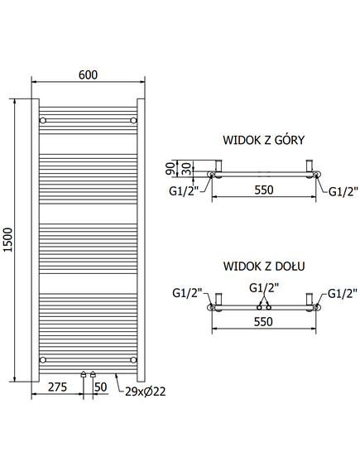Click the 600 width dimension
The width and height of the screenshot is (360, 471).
pyautogui.click(x=88, y=74)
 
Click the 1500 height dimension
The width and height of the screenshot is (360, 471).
pyautogui.click(x=9, y=240)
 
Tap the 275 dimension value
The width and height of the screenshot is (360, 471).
pyautogui.click(x=57, y=387)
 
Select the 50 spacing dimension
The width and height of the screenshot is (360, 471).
pyautogui.click(x=101, y=387)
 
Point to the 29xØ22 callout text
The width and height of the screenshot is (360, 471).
pyautogui.click(x=146, y=392)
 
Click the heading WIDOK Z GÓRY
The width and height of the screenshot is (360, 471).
pyautogui.click(x=264, y=140)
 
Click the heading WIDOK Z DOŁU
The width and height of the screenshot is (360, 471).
pyautogui.click(x=264, y=267)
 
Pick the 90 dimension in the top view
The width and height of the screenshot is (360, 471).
pyautogui.click(x=170, y=168)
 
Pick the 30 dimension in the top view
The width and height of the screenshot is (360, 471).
pyautogui.click(x=186, y=168)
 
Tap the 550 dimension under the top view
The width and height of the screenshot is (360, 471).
pyautogui.click(x=264, y=190)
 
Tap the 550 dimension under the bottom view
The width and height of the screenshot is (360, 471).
pyautogui.click(x=263, y=322)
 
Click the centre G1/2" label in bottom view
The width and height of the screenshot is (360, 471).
pyautogui.click(x=264, y=288)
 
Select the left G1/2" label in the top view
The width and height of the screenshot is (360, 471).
pyautogui.click(x=184, y=191)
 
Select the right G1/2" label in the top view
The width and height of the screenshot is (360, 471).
pyautogui.click(x=343, y=191)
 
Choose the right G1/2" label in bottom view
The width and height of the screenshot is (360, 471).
pyautogui.click(x=343, y=293)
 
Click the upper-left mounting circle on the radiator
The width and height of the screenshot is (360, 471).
pyautogui.click(x=43, y=121)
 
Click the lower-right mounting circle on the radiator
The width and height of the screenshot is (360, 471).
pyautogui.click(x=133, y=359)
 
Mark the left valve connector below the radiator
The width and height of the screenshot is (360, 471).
pyautogui.click(x=84, y=375)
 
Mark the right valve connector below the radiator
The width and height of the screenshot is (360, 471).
pyautogui.click(x=93, y=375)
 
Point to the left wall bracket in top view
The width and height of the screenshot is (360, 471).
pyautogui.click(x=218, y=166)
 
